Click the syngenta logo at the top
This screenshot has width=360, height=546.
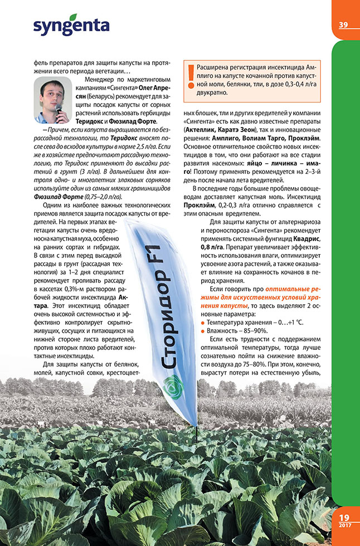coord(71,25)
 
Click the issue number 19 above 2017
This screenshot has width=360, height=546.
coord(344,518)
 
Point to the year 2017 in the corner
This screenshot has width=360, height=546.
coord(344,526)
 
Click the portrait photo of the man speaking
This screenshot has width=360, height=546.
coord(51,100)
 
